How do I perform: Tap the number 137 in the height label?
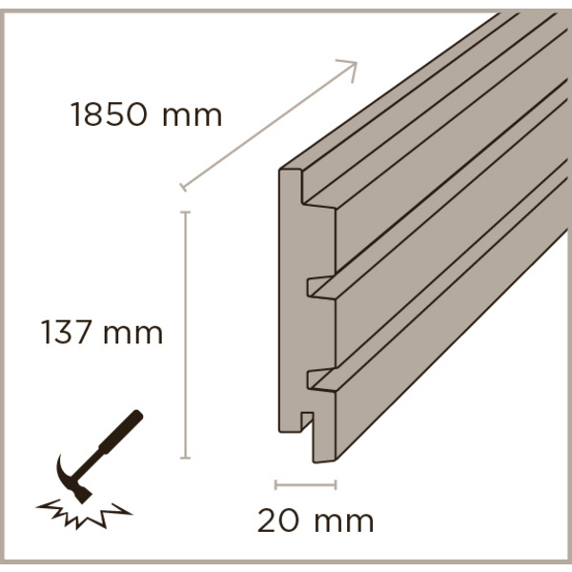click(x=66, y=334)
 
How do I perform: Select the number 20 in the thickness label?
click(x=277, y=521)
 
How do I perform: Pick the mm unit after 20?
click(x=340, y=521)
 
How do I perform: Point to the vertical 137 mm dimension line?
click(x=185, y=334)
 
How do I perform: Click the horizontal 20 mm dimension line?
click(x=305, y=484)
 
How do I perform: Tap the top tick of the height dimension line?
click(x=185, y=212)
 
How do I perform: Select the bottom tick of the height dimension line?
click(x=185, y=458)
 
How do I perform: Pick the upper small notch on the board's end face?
click(x=312, y=283)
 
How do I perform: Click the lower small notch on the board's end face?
click(x=312, y=379)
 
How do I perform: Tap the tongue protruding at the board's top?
click(x=290, y=174)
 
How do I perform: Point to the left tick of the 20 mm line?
click(x=276, y=484)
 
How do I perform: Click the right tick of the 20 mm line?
click(x=336, y=484)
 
